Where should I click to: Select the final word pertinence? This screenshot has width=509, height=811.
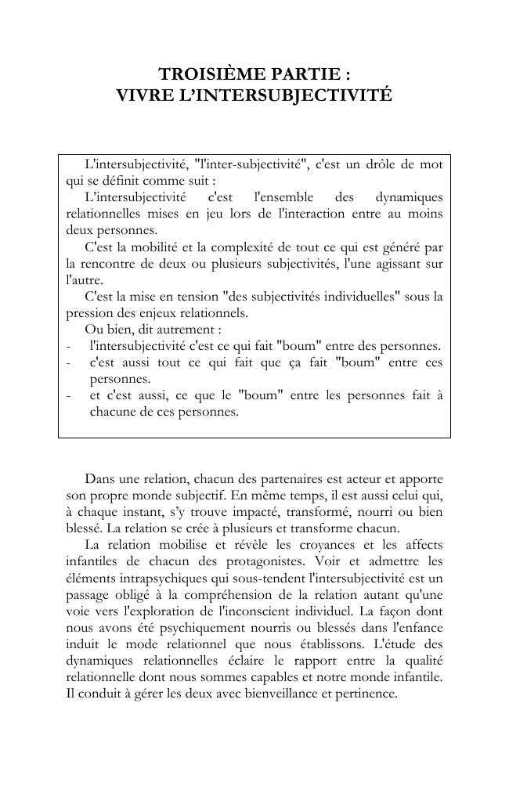[366, 693]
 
